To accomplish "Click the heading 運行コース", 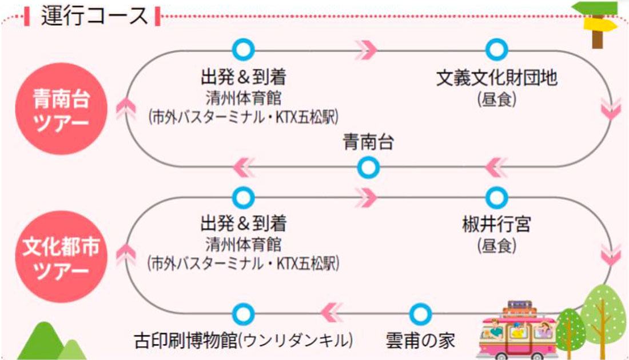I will (x=94, y=16).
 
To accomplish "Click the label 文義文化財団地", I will (x=496, y=78).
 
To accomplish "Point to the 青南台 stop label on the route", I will (x=368, y=143).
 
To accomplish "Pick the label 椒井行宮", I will (x=496, y=224).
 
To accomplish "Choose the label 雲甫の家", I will (x=420, y=341).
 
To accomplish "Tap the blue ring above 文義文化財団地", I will (x=496, y=49).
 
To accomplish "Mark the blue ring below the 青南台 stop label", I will (x=368, y=168).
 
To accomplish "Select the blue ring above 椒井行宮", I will (x=496, y=197).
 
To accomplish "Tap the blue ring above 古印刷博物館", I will (x=244, y=313).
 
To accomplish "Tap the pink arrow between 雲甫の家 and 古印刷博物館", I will (x=331, y=313).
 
